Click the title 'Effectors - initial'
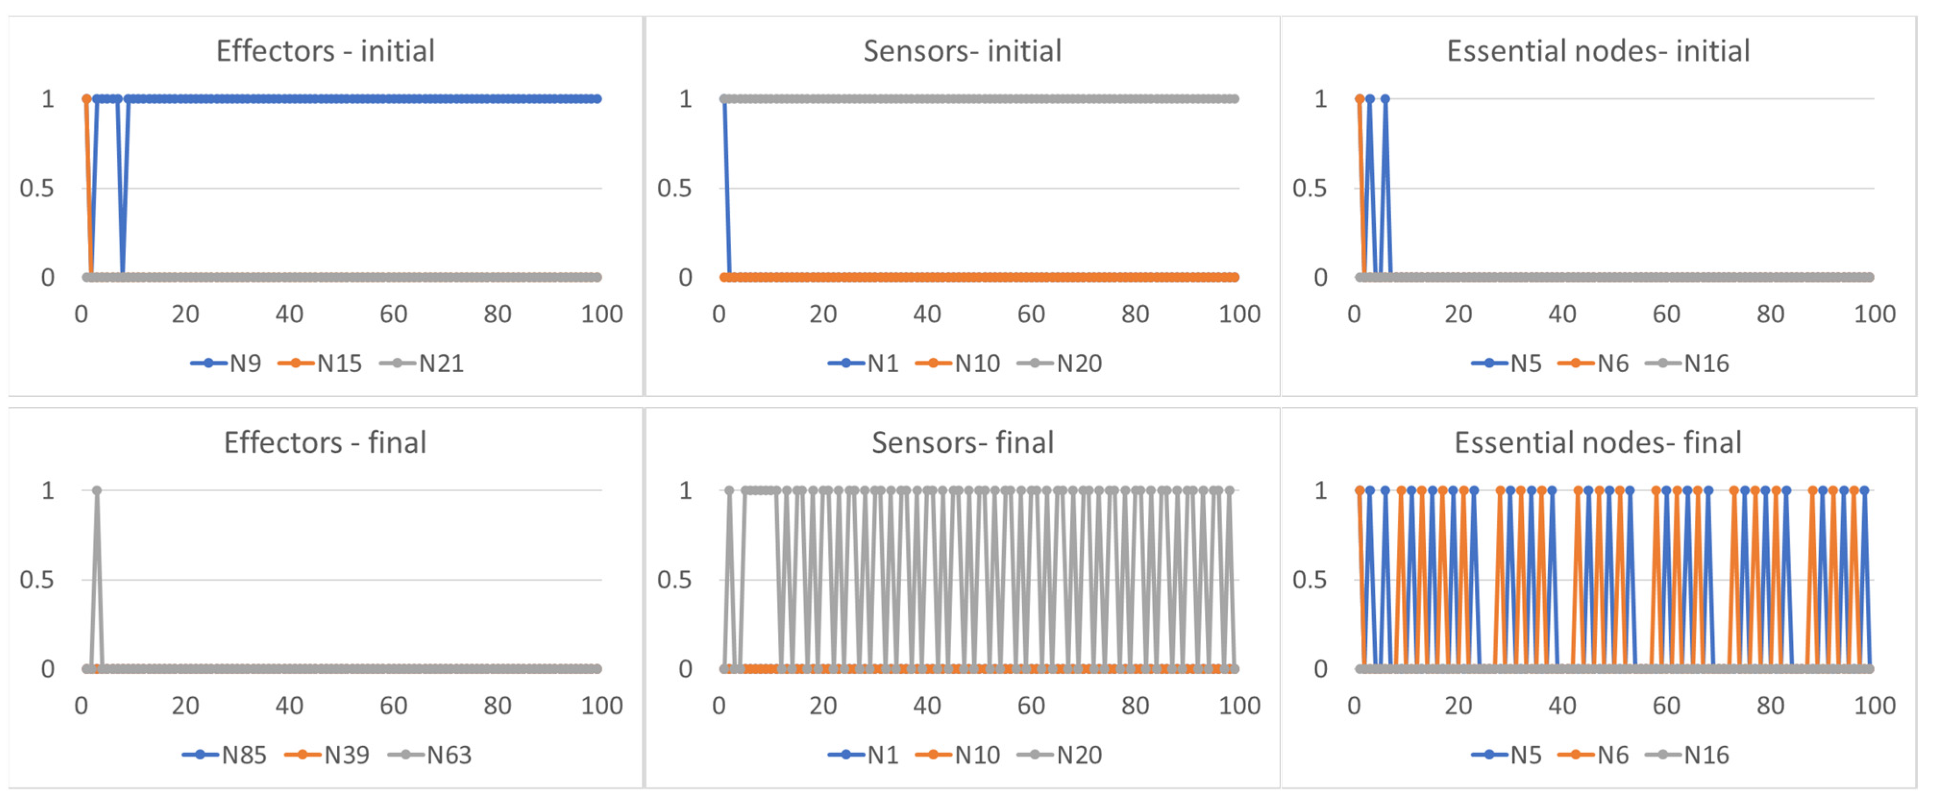(x=325, y=51)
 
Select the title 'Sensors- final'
(x=963, y=443)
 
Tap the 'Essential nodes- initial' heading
(x=1598, y=51)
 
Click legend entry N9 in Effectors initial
(x=226, y=363)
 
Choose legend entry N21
(x=423, y=363)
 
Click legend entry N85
(x=225, y=755)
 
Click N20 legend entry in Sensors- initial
(x=1060, y=363)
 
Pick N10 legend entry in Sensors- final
(x=959, y=755)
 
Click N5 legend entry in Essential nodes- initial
(x=1507, y=363)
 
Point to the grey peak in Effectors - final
(x=97, y=491)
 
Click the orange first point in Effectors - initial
(x=86, y=99)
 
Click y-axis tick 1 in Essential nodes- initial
(x=1321, y=99)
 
